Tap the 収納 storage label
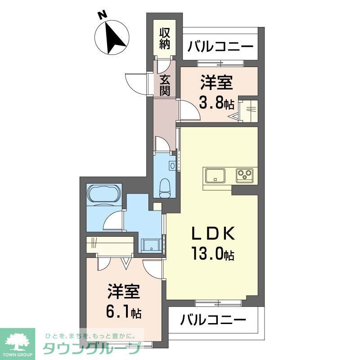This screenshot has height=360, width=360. (x=164, y=38)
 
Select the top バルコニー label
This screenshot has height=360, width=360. (x=220, y=46)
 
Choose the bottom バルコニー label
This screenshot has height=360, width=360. (x=213, y=320)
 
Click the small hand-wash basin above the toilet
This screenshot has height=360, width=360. (x=172, y=166)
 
